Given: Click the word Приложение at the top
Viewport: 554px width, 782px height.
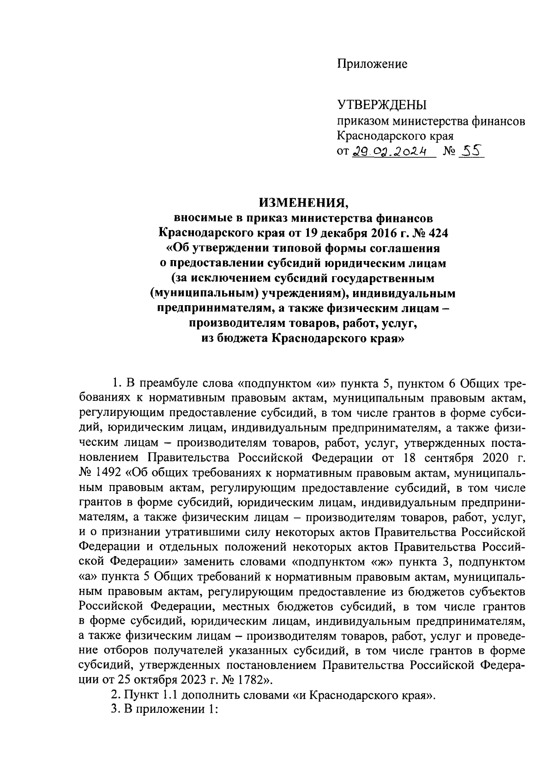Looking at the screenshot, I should (x=372, y=64).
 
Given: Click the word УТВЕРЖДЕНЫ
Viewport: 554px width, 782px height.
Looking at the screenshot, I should (x=382, y=106).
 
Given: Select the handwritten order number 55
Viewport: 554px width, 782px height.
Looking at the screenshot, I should (x=470, y=150).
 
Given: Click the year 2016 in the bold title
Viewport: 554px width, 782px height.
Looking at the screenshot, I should (x=368, y=233).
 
